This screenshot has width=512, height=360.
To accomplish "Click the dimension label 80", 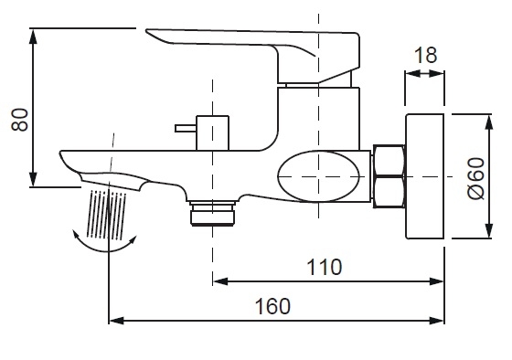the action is pyautogui.click(x=19, y=120).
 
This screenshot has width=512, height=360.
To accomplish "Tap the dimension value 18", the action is pyautogui.click(x=425, y=55).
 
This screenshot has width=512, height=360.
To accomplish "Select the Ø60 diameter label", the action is pyautogui.click(x=476, y=178).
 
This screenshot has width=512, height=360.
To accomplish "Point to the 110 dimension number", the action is pyautogui.click(x=325, y=267).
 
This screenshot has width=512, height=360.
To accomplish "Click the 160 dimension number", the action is pyautogui.click(x=272, y=306).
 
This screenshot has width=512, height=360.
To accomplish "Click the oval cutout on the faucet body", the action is pyautogui.click(x=319, y=176).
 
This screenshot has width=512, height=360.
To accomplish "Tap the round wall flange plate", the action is pyautogui.click(x=424, y=176).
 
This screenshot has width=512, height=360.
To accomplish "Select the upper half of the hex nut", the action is pyautogui.click(x=389, y=161).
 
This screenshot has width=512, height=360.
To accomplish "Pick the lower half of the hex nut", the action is pyautogui.click(x=389, y=192).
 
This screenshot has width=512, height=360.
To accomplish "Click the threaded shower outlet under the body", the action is pyautogui.click(x=212, y=214).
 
